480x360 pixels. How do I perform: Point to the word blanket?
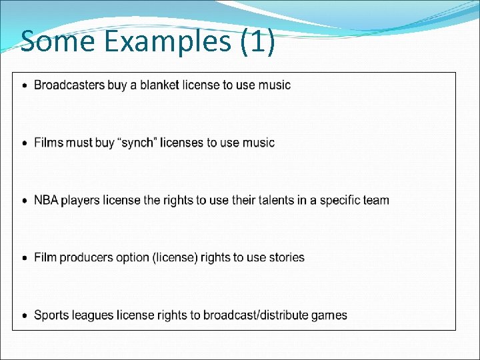tap(159, 85)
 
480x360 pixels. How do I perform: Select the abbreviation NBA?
tap(46, 200)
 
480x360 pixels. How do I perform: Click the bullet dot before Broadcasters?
tap(25, 85)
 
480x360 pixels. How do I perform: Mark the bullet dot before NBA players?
tap(25, 201)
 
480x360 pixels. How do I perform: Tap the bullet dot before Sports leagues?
tap(25, 315)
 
